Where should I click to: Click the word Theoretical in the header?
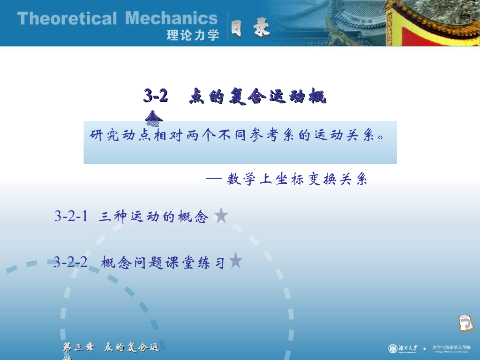67,19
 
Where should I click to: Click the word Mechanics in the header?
172,19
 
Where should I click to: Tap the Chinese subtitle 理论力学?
193,36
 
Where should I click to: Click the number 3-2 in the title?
156,96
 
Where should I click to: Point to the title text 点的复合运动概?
257,97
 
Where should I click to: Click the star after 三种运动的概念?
221,216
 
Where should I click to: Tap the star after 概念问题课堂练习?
235,261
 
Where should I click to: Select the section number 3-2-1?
71,216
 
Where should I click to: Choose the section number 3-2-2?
70,262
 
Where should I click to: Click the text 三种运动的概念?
154,217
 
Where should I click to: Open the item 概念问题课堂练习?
164,262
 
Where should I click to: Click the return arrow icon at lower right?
465,323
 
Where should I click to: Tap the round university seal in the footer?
393,348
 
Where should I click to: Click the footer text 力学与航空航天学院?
451,347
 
